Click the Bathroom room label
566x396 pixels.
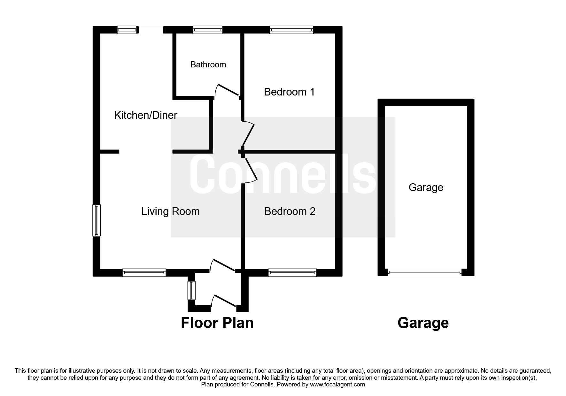(x=208, y=65)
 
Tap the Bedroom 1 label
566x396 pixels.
(x=289, y=92)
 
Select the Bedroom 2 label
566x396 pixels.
(x=290, y=211)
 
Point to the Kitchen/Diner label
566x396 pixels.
(x=146, y=115)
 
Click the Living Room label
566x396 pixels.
(x=170, y=211)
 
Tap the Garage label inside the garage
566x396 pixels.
(x=426, y=187)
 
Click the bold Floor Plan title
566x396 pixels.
(x=217, y=323)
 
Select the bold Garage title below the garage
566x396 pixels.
(x=423, y=323)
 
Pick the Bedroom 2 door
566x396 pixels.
(x=251, y=170)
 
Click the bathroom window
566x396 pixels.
(x=208, y=30)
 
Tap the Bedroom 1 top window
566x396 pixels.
(x=291, y=30)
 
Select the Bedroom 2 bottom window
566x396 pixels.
(x=292, y=272)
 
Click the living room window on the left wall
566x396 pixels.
(x=97, y=220)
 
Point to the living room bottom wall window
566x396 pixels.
(x=144, y=272)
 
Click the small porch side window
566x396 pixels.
(x=191, y=290)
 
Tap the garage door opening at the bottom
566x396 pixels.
(x=424, y=273)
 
